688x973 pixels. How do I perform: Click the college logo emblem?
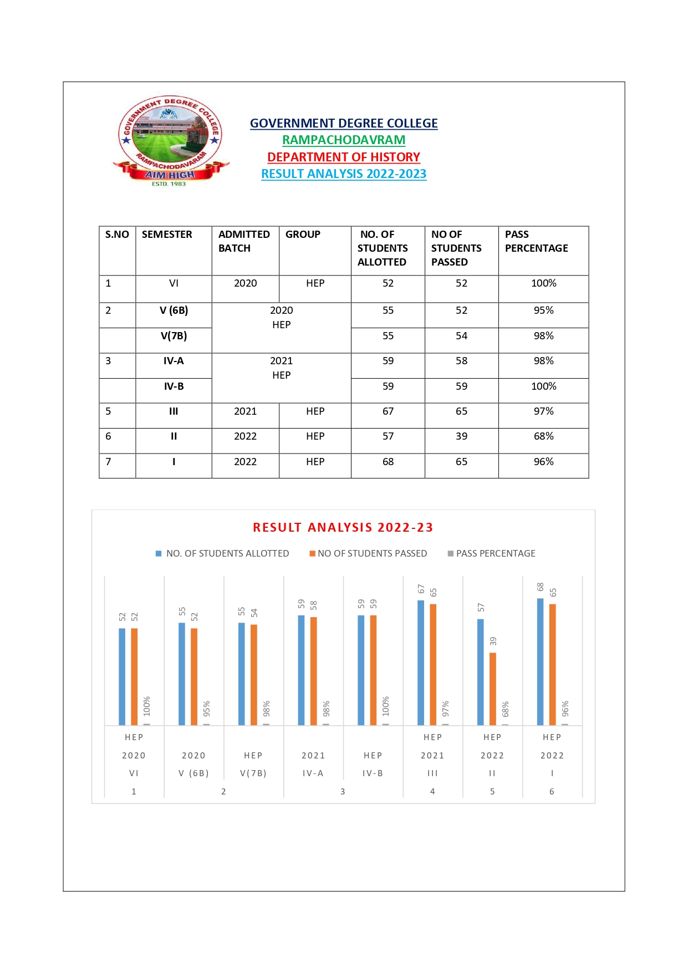(x=170, y=140)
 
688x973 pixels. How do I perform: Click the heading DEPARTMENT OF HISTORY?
(x=344, y=157)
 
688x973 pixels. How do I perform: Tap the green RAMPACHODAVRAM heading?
(x=344, y=140)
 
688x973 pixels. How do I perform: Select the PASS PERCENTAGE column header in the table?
(x=536, y=241)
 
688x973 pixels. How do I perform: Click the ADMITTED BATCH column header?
(x=244, y=241)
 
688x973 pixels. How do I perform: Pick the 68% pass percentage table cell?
(x=543, y=436)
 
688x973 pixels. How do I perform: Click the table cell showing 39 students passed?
(x=461, y=436)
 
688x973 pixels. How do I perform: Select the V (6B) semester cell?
(x=174, y=310)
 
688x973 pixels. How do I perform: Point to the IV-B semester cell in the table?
(x=174, y=386)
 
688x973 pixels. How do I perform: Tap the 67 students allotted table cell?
(x=388, y=411)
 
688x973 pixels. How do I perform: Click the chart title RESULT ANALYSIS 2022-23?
(x=343, y=528)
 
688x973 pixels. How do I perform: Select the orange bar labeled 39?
(x=493, y=689)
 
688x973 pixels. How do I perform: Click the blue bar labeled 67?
(x=421, y=663)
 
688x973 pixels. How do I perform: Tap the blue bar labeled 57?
(x=481, y=672)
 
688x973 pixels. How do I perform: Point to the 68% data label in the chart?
(x=505, y=709)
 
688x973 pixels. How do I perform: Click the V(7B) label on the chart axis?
(x=253, y=773)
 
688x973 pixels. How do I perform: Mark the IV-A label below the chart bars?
(x=313, y=773)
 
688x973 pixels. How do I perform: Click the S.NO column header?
(x=117, y=235)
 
